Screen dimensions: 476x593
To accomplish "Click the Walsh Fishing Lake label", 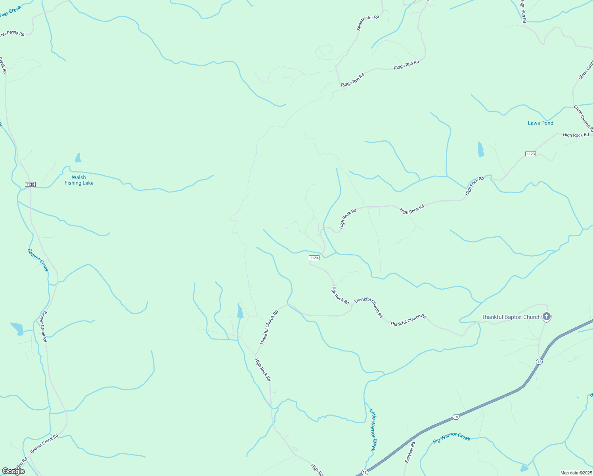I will point(79,180).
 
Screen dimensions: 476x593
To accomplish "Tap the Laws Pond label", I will point(540,123).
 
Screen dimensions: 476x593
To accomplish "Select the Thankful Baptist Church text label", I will point(511,317).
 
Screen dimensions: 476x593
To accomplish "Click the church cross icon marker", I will point(547,317).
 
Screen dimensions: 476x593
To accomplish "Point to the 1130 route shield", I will point(30,184).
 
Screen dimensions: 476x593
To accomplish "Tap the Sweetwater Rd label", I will point(368,23).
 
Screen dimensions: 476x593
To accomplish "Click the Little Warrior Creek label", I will point(373,430).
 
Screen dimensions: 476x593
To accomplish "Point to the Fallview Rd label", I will point(409,452).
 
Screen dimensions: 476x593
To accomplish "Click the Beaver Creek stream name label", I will point(38,260).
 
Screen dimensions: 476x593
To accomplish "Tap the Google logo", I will point(13,471).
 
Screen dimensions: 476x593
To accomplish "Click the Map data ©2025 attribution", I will point(576,473).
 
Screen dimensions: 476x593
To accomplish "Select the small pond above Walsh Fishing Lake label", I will point(78,158).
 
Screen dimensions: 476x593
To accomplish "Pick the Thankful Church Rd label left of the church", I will point(408,320).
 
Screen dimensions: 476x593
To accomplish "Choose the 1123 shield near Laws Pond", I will point(530,154).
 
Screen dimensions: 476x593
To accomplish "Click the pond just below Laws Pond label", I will point(481,149).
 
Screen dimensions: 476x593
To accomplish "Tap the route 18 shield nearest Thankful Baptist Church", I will point(539,361).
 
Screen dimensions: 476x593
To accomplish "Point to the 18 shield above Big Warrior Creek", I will point(456,417).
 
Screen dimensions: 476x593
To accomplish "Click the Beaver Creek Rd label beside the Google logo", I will point(44,443).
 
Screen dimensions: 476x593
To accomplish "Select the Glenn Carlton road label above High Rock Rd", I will point(583,118).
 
